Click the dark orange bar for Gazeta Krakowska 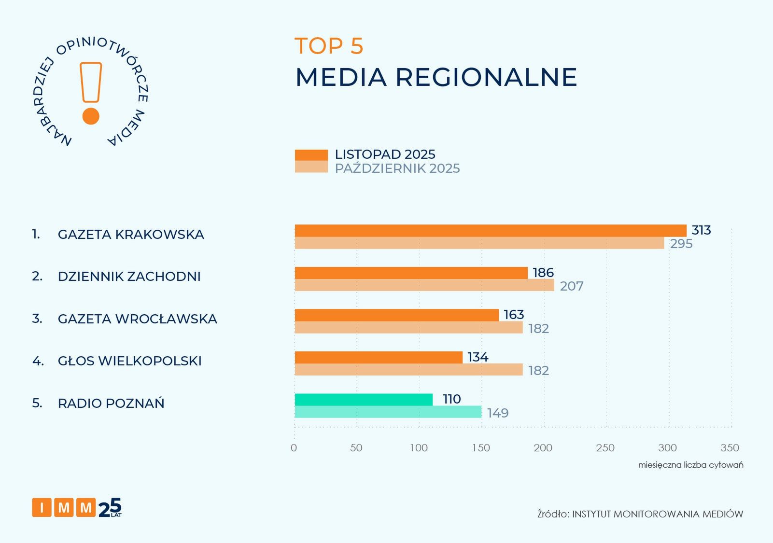[490, 231]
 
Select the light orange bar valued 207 [424, 285]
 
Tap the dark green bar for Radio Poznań [364, 400]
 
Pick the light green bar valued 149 [388, 412]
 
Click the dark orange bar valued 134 [379, 357]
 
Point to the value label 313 [701, 230]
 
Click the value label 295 [681, 244]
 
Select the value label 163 [514, 315]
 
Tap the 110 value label [451, 399]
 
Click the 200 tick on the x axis [543, 448]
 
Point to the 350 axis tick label [730, 448]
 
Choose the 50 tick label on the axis [356, 448]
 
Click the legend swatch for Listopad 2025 [311, 155]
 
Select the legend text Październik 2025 [397, 168]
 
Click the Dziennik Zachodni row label [129, 277]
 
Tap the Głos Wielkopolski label [129, 361]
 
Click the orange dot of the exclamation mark [91, 116]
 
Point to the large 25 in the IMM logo [110, 508]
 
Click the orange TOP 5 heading [329, 46]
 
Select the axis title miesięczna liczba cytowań [690, 465]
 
